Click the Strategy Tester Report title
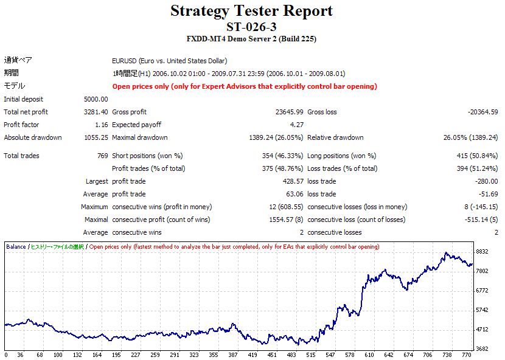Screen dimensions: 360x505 (x=252, y=11)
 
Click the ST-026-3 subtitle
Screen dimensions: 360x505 (x=252, y=27)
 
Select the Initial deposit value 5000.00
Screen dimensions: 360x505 (x=96, y=99)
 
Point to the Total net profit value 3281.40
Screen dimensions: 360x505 (x=96, y=112)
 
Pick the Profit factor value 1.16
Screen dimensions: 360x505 (x=100, y=125)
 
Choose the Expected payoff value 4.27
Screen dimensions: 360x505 (x=296, y=125)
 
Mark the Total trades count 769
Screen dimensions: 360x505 (x=102, y=156)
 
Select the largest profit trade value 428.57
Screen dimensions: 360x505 (x=291, y=181)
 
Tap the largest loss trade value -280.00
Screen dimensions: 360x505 (x=486, y=181)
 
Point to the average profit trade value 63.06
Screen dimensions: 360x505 (x=293, y=194)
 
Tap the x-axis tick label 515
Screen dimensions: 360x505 (x=310, y=355)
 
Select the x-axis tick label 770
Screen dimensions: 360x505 (x=467, y=355)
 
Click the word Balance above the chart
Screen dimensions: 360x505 (x=16, y=247)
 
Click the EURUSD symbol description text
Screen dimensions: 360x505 (x=169, y=61)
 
